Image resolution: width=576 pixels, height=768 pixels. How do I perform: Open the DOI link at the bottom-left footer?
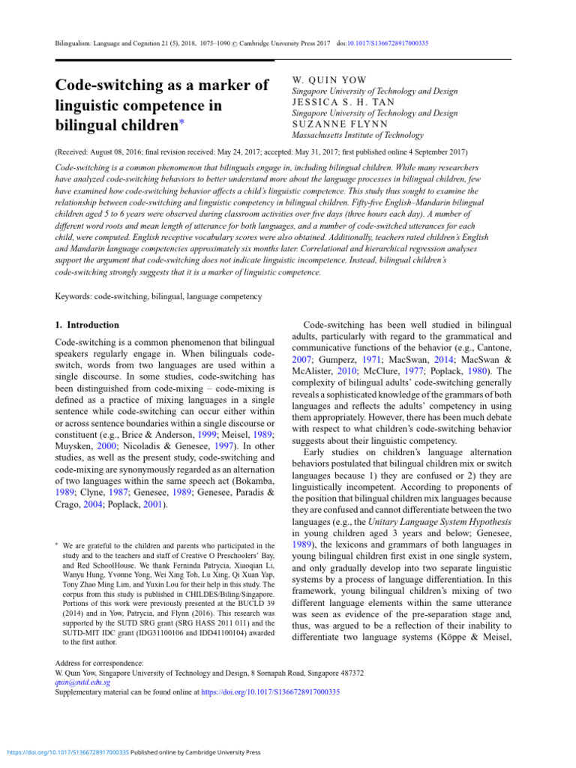coord(67,751)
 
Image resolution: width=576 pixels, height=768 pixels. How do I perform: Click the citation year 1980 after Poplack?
coord(490,370)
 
